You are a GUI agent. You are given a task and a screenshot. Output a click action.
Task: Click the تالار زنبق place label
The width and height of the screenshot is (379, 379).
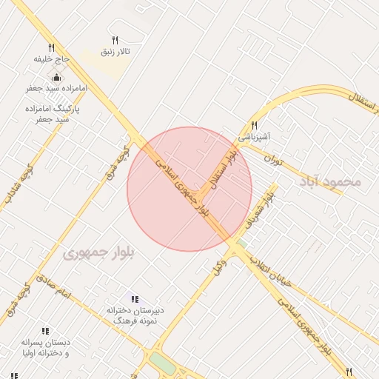coord(115,52)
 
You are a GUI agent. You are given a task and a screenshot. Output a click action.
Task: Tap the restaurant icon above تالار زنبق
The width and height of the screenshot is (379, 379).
coord(115,40)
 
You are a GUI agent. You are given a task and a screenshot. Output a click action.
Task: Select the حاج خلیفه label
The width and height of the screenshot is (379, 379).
coord(51,58)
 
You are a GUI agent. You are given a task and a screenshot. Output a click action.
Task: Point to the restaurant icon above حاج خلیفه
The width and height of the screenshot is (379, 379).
coord(51,47)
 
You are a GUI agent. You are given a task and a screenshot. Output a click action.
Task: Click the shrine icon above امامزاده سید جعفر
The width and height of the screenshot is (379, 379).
coord(57,77)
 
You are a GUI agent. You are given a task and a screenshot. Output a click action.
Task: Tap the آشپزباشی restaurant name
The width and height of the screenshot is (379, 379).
coord(255,137)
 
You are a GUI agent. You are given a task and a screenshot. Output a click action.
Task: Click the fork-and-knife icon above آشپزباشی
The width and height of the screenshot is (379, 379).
coord(255,125)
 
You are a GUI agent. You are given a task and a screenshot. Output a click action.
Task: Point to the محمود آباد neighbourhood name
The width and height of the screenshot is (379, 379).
coord(329,181)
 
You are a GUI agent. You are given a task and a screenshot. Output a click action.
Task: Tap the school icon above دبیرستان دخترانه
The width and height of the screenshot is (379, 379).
coord(135,298)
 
